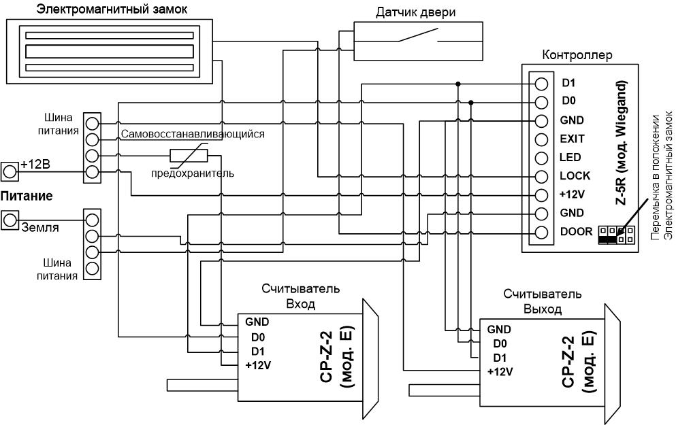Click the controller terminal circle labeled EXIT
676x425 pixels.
point(541,139)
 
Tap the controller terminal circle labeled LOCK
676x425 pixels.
point(541,177)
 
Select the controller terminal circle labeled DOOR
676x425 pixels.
point(541,233)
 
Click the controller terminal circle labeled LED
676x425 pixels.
point(541,158)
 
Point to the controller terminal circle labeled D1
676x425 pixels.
point(541,84)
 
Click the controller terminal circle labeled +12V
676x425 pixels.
point(541,195)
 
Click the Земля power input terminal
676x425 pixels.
point(10,220)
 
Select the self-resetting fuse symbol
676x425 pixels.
point(189,156)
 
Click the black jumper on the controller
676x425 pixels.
point(608,239)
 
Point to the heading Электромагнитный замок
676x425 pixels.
point(112,10)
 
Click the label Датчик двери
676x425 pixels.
point(415,12)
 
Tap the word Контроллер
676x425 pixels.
point(577,55)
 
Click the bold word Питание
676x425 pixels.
point(27,197)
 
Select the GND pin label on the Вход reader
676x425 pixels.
point(257,322)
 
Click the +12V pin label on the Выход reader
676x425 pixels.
point(500,371)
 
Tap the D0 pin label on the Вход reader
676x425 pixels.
point(258,337)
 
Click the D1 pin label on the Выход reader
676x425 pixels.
point(500,358)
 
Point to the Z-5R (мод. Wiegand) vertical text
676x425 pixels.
point(621,143)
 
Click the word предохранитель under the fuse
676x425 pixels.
point(193,173)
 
